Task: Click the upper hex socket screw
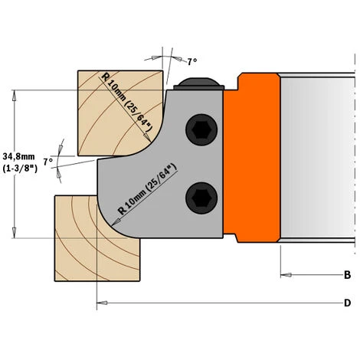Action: point(201,129)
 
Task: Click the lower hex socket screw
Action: point(201,198)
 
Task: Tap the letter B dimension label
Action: point(347,275)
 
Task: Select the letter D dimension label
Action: point(347,303)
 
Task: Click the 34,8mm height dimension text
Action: point(18,156)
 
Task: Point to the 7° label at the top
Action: point(192,62)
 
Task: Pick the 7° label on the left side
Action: point(47,162)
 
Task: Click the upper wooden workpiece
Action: point(113,113)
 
